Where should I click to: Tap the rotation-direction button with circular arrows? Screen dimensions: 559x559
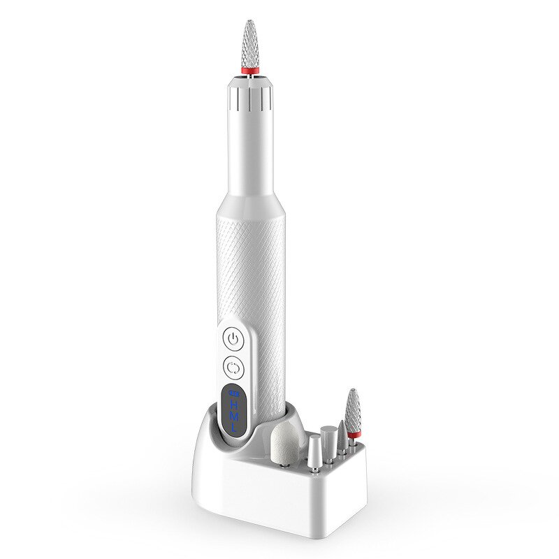234,366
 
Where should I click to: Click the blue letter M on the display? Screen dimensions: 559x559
233,417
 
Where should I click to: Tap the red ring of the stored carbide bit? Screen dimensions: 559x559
354,435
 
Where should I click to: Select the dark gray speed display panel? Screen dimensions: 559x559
233,412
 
